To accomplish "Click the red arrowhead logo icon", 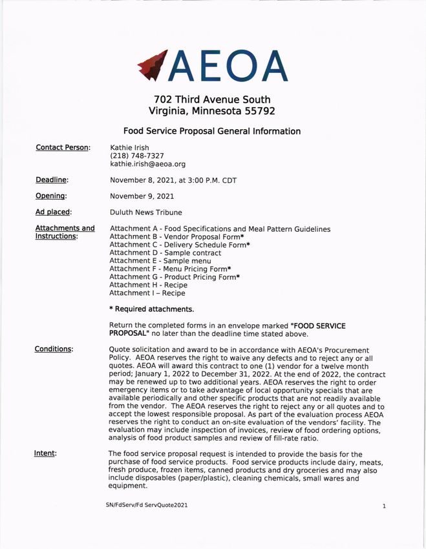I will coord(153,66).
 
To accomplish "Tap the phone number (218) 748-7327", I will coord(136,156).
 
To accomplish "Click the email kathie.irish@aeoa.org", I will coord(147,165).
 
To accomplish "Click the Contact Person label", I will coord(63,148).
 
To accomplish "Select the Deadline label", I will coord(52,180).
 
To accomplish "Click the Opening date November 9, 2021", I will coord(142,196).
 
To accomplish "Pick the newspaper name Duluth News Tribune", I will coord(145,212).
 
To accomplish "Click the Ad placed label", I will coord(53,212).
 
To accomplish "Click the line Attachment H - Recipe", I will coord(148,285).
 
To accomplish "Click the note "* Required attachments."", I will coord(151,309).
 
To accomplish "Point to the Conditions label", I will coord(54,349).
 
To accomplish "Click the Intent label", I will coord(45,453).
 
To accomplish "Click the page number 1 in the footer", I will coord(383,506).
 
